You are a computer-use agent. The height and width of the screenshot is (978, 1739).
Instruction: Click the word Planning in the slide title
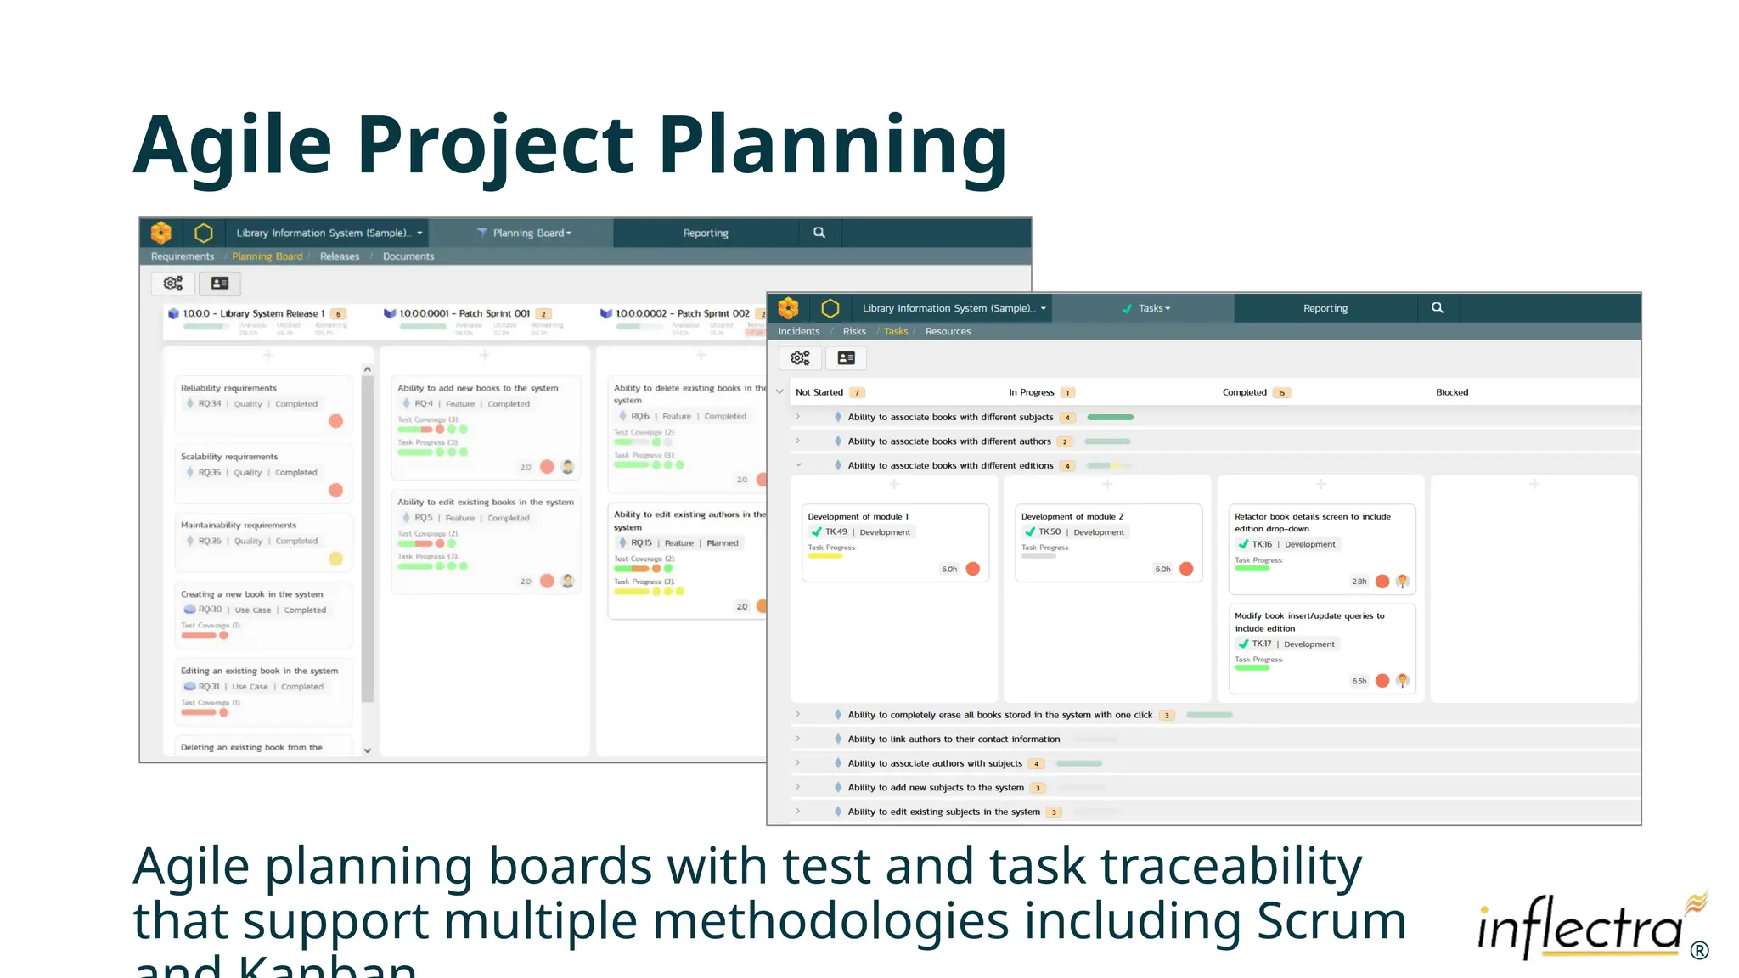pyautogui.click(x=832, y=146)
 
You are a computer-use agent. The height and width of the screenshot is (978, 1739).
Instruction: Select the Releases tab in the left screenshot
pyautogui.click(x=339, y=256)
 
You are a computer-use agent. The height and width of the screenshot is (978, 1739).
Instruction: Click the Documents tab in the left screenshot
pyautogui.click(x=408, y=256)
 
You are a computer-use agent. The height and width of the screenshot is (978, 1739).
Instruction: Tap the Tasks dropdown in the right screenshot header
pyautogui.click(x=1152, y=308)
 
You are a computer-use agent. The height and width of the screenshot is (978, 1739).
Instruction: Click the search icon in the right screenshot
pyautogui.click(x=1437, y=308)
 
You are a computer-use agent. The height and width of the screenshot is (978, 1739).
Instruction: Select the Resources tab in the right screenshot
pyautogui.click(x=948, y=332)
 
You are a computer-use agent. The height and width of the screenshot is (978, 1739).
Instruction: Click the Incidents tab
pyautogui.click(x=798, y=332)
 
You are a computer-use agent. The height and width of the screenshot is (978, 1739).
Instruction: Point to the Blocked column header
pyautogui.click(x=1451, y=392)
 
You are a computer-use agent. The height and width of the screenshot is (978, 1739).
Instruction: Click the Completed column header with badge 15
pyautogui.click(x=1245, y=392)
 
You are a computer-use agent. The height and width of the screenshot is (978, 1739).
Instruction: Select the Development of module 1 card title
pyautogui.click(x=858, y=516)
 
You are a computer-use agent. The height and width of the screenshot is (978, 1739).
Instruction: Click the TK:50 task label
pyautogui.click(x=1050, y=532)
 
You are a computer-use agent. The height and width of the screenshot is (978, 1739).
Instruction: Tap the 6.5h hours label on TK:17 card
pyautogui.click(x=1359, y=681)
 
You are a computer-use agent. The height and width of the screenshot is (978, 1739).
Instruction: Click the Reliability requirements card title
pyautogui.click(x=228, y=388)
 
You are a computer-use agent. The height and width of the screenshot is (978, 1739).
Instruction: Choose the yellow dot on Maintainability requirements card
pyautogui.click(x=335, y=559)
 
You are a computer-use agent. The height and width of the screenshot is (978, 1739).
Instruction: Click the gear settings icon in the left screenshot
pyautogui.click(x=173, y=284)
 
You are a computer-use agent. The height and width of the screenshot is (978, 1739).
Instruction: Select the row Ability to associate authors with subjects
pyautogui.click(x=934, y=763)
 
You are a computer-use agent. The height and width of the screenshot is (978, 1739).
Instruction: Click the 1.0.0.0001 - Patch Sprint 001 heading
pyautogui.click(x=464, y=313)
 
